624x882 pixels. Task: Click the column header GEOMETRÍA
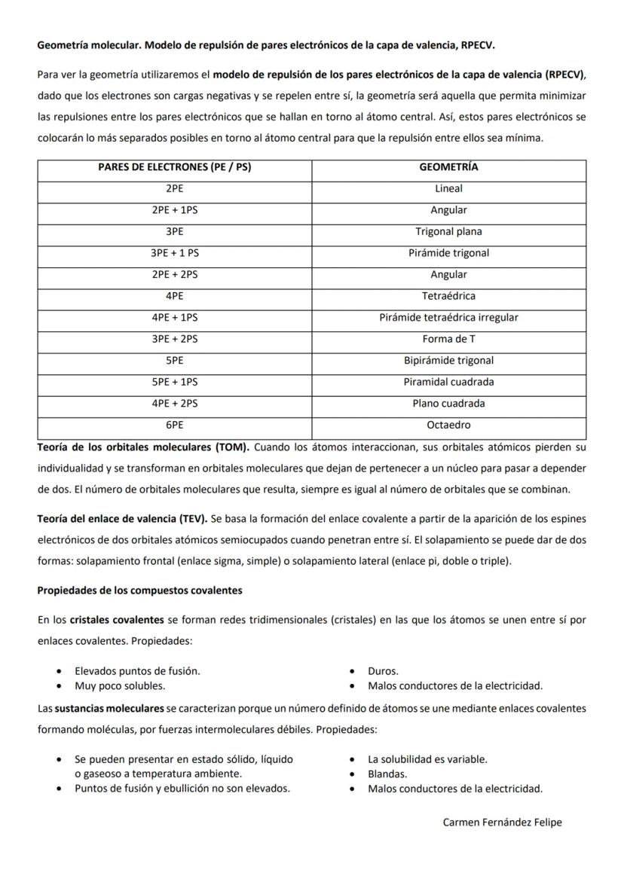coord(448,167)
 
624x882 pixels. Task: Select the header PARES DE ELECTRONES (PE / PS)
coord(174,167)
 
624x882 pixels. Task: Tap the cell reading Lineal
coord(448,189)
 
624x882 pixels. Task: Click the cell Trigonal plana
coord(448,232)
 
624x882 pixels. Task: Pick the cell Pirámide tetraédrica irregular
coord(448,318)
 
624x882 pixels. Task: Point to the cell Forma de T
coord(448,340)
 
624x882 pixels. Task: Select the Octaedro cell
coord(448,426)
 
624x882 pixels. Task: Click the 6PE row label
coord(174,426)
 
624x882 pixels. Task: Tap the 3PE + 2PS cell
coord(174,340)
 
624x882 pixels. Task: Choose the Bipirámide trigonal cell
coord(448,361)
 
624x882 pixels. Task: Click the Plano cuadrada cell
coord(448,404)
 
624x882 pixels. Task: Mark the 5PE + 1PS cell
coord(174,383)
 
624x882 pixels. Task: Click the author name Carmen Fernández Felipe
coord(502,822)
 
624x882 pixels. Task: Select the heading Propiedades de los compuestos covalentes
coord(139,591)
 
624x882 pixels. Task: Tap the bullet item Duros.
coord(383,671)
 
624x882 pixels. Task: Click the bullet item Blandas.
coord(387,774)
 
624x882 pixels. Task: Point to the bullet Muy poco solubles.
coord(120,686)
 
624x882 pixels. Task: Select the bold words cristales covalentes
coord(117,620)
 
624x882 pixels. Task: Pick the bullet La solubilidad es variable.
coord(427,759)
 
